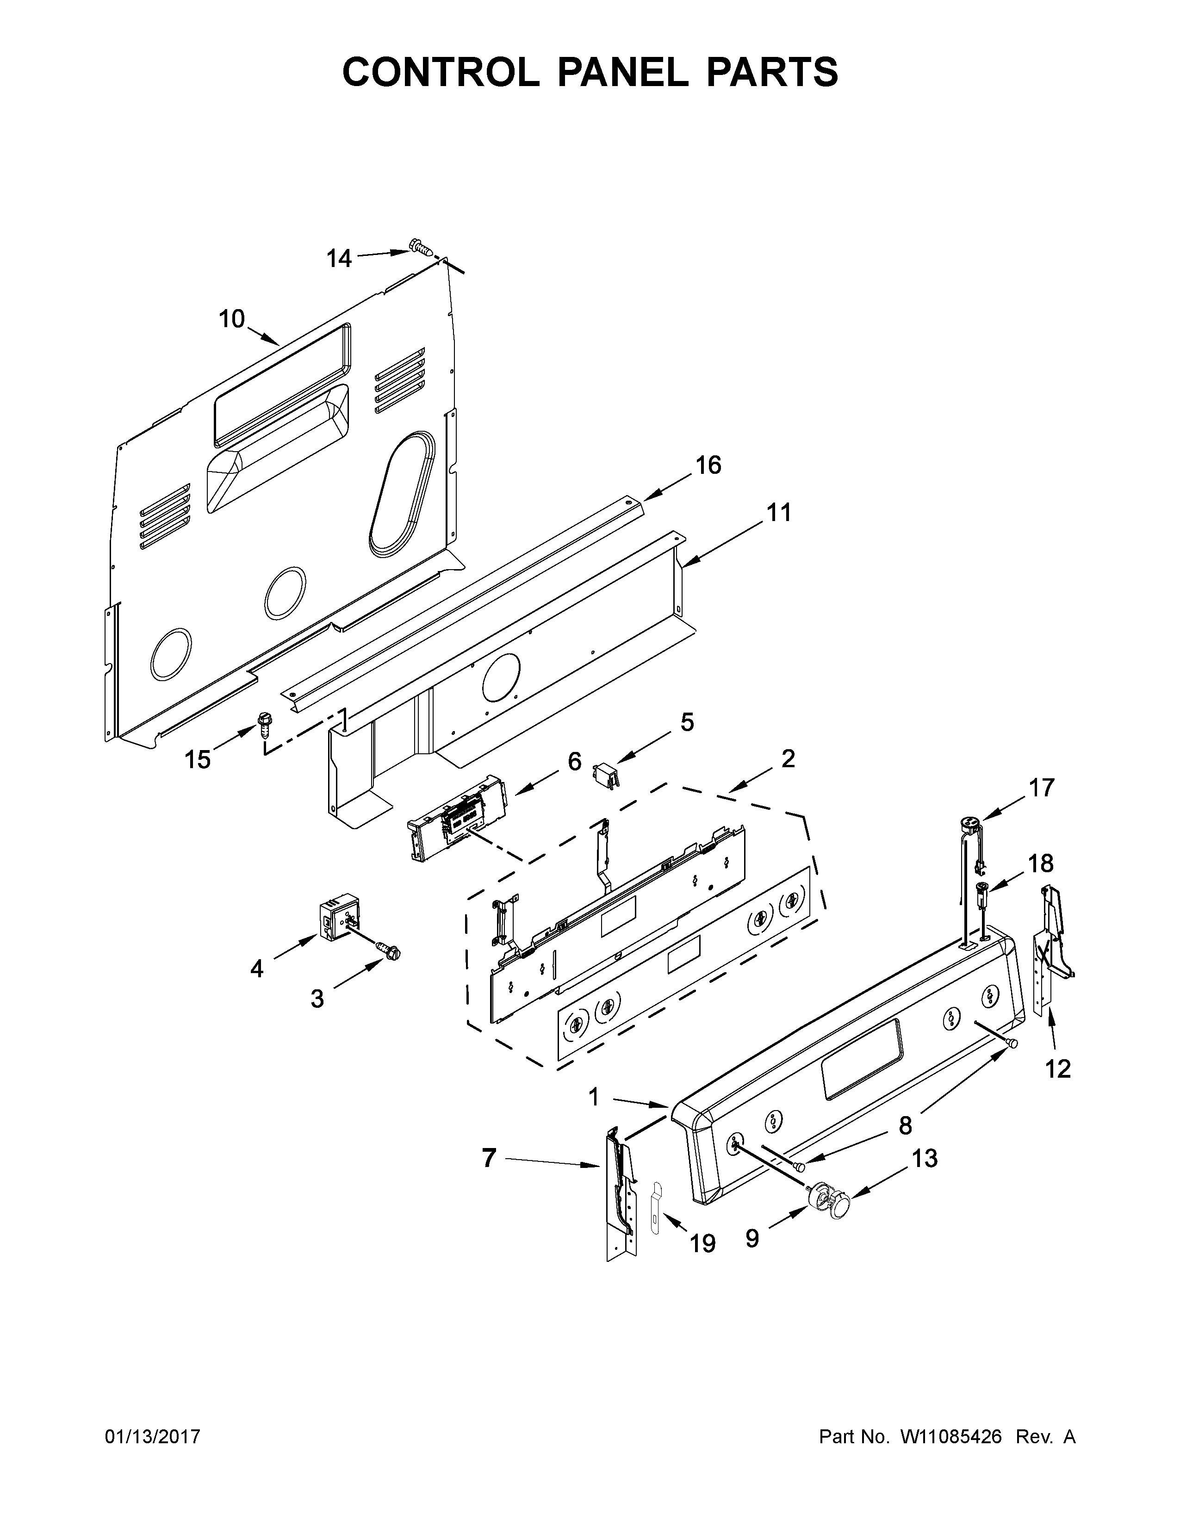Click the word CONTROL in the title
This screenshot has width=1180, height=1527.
click(441, 72)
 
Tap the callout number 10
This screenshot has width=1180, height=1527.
click(232, 320)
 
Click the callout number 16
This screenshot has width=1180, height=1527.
click(708, 465)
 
